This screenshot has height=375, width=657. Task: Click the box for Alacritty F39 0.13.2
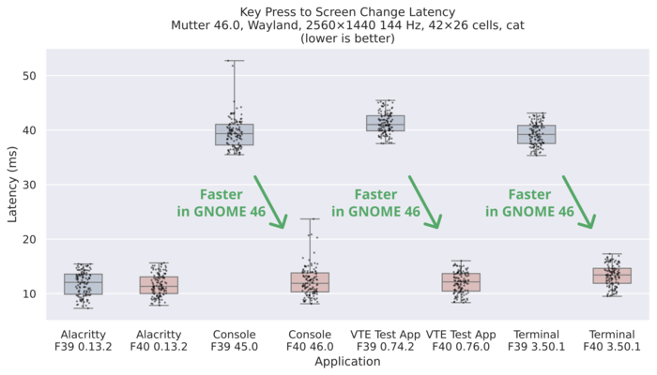click(83, 283)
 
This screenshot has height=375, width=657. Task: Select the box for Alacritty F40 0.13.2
click(159, 285)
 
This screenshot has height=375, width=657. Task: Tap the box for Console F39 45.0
click(235, 134)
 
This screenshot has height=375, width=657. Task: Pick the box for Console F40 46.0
click(310, 282)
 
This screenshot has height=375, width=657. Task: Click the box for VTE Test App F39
click(386, 123)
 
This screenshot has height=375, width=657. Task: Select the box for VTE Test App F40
click(461, 282)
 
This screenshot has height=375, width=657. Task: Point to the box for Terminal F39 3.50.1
click(537, 134)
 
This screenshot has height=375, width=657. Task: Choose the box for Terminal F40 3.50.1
click(612, 276)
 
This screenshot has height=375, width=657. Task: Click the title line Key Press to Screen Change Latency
click(347, 11)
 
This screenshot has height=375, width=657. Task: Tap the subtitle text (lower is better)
click(347, 39)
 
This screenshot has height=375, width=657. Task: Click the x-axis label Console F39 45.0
click(235, 340)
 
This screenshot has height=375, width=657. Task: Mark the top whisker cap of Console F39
click(235, 61)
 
